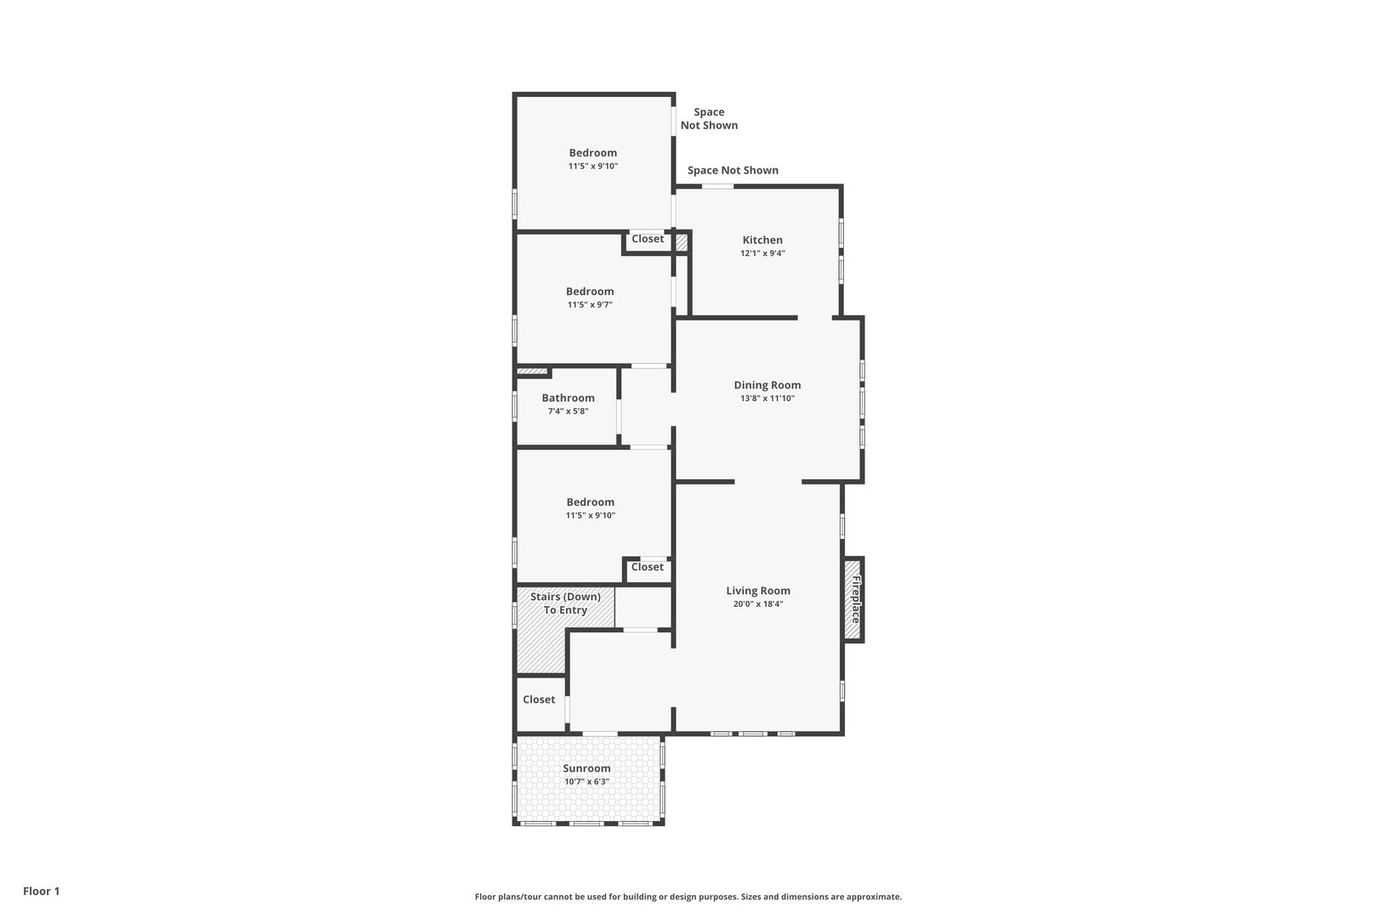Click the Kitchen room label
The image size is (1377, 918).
coord(762,240)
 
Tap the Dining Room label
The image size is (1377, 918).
coord(768,385)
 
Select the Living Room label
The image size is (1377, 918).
coord(758,590)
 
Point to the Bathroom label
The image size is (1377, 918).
coord(568,398)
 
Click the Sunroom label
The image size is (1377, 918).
coord(586,768)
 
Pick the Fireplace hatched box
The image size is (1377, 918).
coord(853,599)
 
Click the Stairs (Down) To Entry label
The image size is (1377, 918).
coord(565,603)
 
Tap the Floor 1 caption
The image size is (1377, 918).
coord(41,891)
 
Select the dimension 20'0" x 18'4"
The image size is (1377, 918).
coord(758,603)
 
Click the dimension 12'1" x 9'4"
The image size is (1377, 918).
coord(762,253)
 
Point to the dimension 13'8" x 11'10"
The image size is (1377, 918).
coord(768,399)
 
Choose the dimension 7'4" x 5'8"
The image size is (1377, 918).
coord(568,411)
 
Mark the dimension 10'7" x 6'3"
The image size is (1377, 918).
coord(586,781)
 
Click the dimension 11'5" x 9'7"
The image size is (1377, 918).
coord(590,305)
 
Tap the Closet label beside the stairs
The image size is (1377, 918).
coord(539,699)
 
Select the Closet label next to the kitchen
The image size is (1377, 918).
coord(648,239)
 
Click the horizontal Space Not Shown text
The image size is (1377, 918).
coord(733,170)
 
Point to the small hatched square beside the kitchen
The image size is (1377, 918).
coord(681,242)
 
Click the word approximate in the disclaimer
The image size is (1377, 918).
coord(874,897)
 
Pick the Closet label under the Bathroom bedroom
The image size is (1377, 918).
coord(648,567)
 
